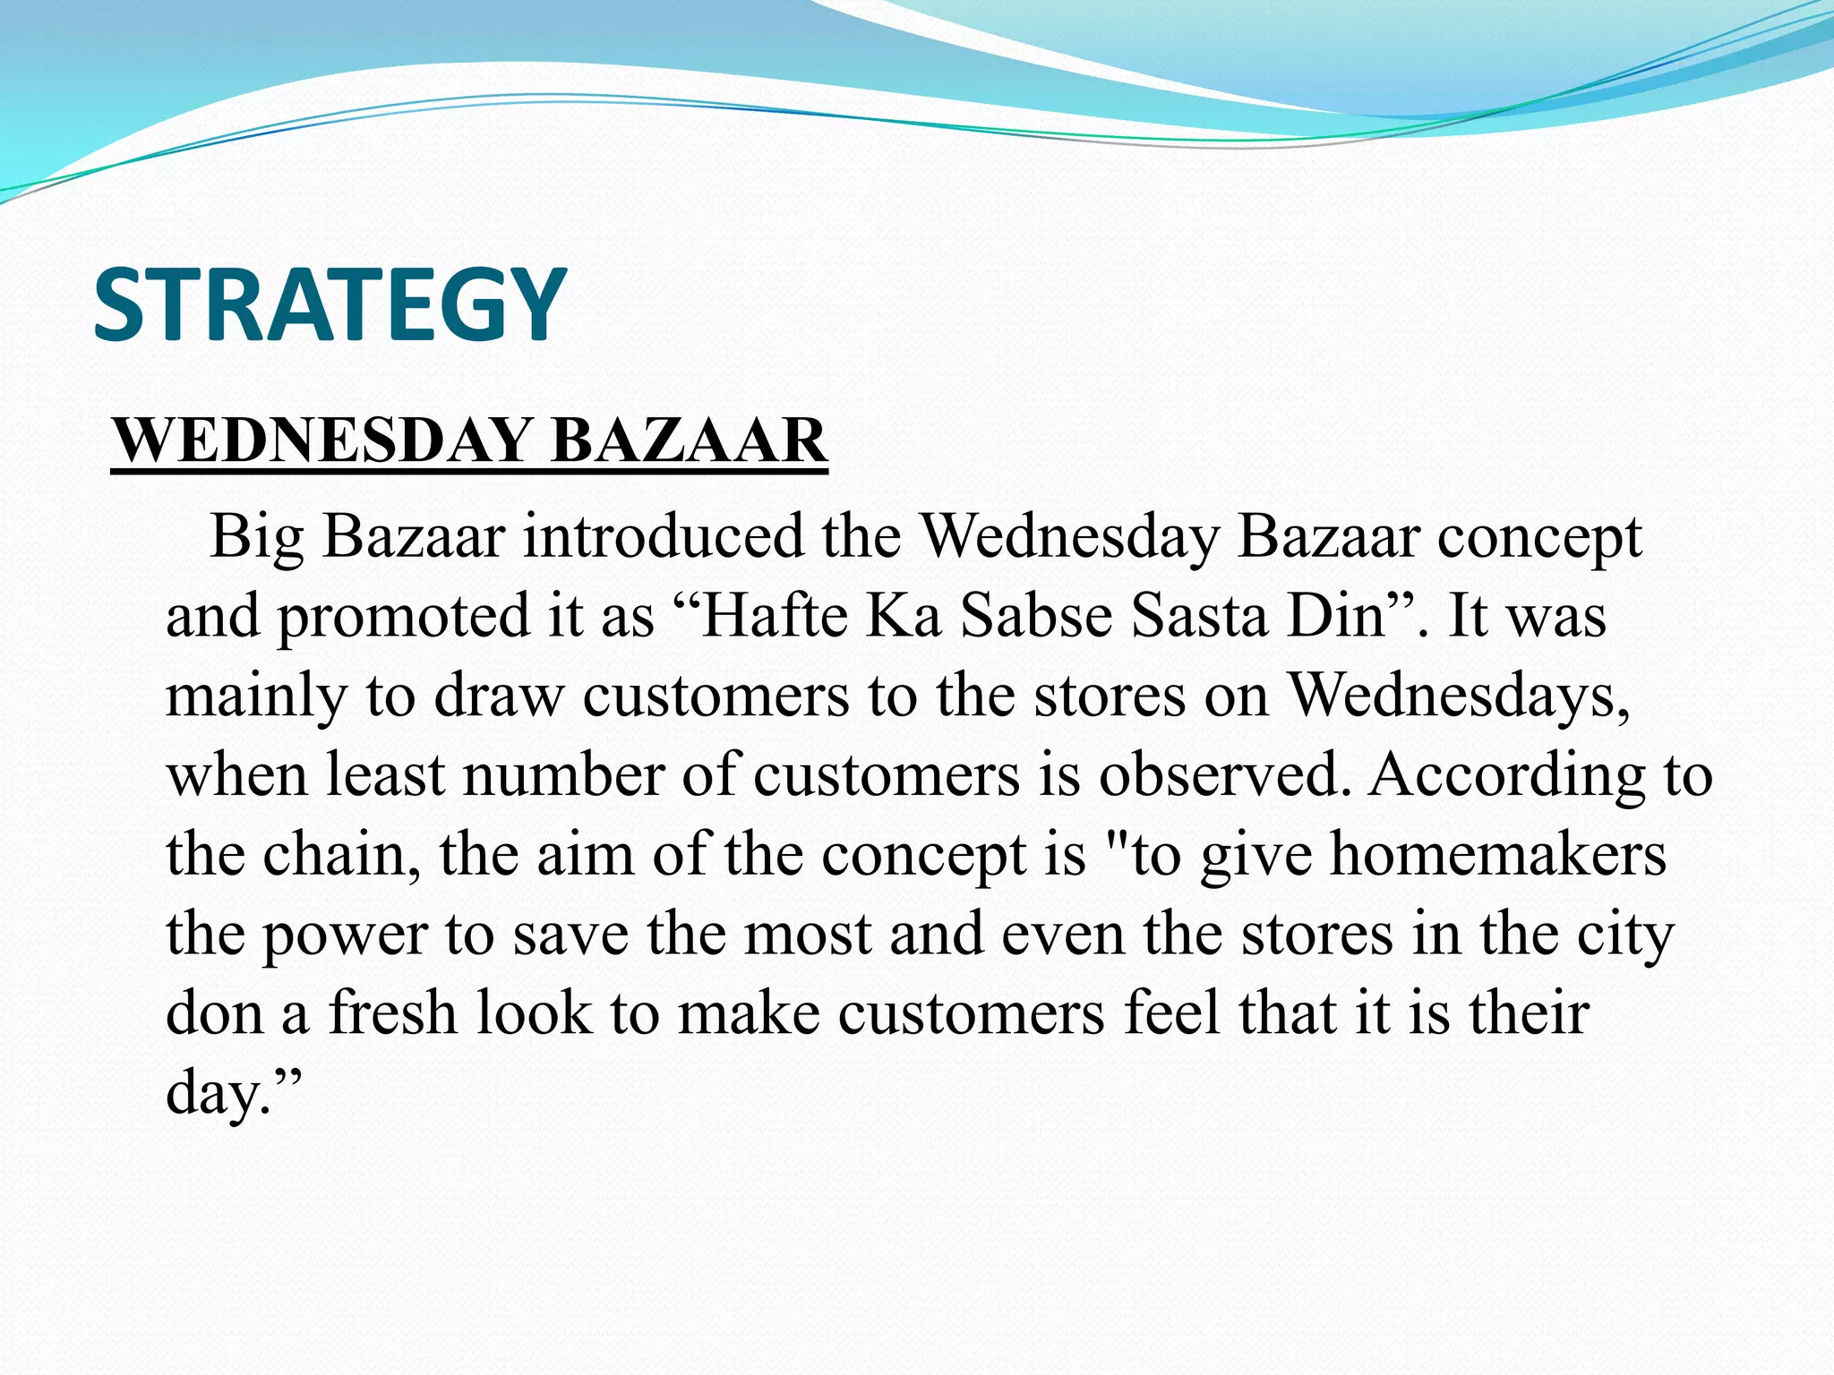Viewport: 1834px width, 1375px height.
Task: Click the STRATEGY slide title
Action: (330, 304)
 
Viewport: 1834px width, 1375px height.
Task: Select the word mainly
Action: (256, 696)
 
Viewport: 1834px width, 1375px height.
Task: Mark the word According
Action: (1507, 775)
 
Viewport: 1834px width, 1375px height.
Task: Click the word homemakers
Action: (1498, 853)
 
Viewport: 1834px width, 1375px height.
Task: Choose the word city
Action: (1624, 935)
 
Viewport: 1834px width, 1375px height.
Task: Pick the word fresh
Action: (393, 1012)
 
